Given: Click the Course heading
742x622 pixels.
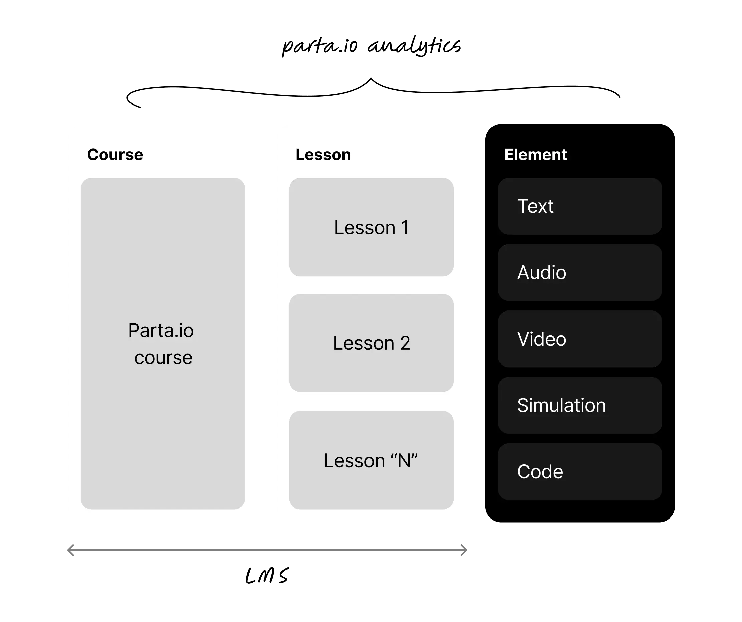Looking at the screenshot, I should (x=115, y=155).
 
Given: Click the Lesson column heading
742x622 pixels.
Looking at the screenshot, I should (x=323, y=155).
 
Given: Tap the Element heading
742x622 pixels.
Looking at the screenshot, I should (x=535, y=155).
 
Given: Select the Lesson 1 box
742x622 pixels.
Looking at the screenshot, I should (x=371, y=227).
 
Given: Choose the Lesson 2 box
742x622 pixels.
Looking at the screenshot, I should (x=371, y=343).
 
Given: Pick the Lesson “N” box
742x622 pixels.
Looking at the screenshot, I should (x=371, y=460).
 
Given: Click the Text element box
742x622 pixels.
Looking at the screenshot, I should (x=579, y=206).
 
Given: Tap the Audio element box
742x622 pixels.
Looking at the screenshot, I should (x=579, y=272).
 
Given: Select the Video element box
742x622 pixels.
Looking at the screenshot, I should (x=579, y=339).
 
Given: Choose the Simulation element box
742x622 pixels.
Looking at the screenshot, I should (x=579, y=405).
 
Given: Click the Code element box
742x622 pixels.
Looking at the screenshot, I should (x=579, y=472).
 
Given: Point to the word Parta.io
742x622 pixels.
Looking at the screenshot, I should (x=161, y=331).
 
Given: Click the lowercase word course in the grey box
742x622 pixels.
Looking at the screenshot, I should (x=163, y=358).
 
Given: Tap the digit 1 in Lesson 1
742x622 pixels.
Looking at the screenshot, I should (x=405, y=228).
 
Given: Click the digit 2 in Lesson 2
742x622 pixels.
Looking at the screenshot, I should (x=405, y=343).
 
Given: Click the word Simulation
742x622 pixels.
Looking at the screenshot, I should (x=561, y=405).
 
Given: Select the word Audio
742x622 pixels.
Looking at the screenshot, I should (x=541, y=273).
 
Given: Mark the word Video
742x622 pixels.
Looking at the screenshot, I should (x=541, y=339).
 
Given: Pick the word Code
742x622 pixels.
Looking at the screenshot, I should (x=540, y=472).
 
